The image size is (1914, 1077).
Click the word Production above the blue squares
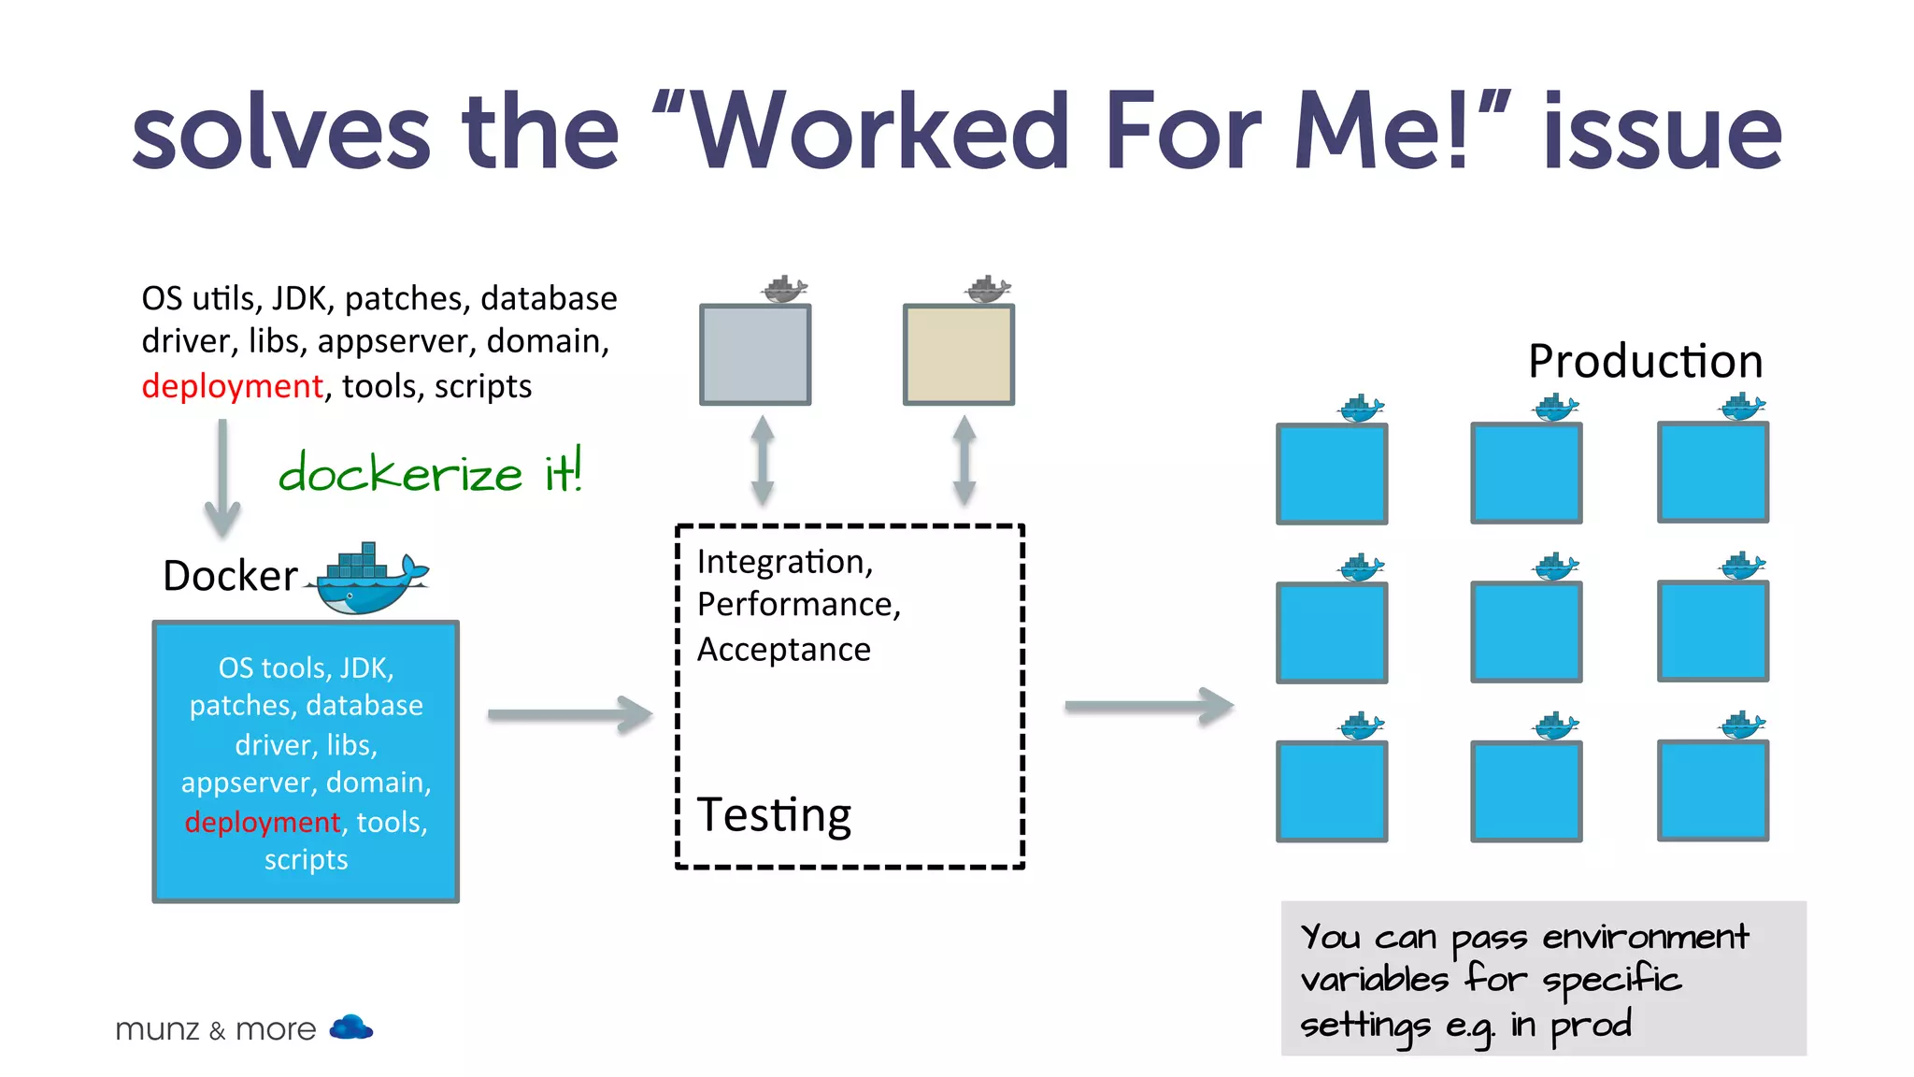[x=1645, y=361]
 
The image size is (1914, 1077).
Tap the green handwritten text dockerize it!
[x=431, y=471]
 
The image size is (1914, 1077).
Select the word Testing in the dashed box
[x=774, y=814]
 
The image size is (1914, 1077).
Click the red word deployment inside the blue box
[x=263, y=822]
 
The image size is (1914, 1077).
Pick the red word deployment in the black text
[x=232, y=386]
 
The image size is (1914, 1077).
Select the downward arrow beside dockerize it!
[x=222, y=478]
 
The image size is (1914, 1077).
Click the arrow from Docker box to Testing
[x=569, y=715]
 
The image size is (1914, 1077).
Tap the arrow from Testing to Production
[x=1149, y=706]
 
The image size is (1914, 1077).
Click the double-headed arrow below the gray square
[x=763, y=461]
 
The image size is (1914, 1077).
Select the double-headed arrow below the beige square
[x=964, y=461]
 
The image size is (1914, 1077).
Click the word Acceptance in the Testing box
[x=783, y=649]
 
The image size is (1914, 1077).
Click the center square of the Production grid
[x=1526, y=632]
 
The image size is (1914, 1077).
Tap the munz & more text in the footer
[x=216, y=1029]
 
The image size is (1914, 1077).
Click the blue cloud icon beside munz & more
[x=351, y=1027]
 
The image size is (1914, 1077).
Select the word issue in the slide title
[x=1662, y=132]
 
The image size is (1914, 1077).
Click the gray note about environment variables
[x=1543, y=978]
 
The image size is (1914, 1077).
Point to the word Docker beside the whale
[x=230, y=576]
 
